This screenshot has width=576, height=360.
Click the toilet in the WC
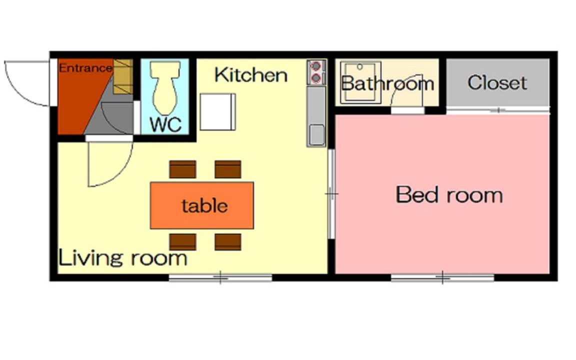(165, 87)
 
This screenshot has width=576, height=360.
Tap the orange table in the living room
(201, 205)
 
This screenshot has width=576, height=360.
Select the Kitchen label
(251, 75)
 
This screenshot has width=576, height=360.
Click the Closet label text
(497, 82)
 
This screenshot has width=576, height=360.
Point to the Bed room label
(449, 194)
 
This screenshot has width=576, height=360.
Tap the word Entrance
(85, 68)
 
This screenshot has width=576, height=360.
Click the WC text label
(165, 124)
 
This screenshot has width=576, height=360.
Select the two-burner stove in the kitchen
(316, 72)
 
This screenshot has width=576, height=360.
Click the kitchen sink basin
(316, 135)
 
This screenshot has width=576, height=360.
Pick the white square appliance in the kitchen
(218, 111)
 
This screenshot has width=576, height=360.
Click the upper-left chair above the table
(182, 169)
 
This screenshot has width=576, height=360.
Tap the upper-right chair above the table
(228, 169)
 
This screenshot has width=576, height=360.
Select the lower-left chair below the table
(182, 241)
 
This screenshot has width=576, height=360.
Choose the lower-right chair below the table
(228, 241)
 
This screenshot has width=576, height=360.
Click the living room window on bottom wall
(220, 277)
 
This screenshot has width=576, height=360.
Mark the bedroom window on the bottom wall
(442, 277)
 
